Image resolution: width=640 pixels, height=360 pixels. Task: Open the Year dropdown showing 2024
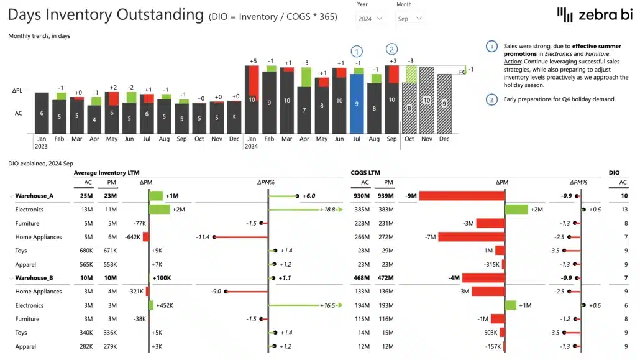[371, 19]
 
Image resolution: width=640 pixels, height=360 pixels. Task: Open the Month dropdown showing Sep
[409, 19]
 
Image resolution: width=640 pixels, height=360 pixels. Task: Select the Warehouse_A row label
[34, 196]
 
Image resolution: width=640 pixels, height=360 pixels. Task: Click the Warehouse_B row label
[34, 278]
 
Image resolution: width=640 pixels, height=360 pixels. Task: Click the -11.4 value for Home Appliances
[201, 237]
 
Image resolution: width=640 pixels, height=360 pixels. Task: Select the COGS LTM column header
[365, 173]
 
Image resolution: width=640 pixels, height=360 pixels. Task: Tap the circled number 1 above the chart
[357, 51]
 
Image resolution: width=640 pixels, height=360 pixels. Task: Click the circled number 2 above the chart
[391, 49]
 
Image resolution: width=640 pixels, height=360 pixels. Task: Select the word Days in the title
[27, 14]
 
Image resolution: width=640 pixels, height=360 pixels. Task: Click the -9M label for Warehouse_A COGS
[411, 196]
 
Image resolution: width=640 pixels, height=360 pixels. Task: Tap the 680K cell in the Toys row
[85, 251]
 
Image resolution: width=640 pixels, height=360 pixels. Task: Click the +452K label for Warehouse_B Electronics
[165, 305]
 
